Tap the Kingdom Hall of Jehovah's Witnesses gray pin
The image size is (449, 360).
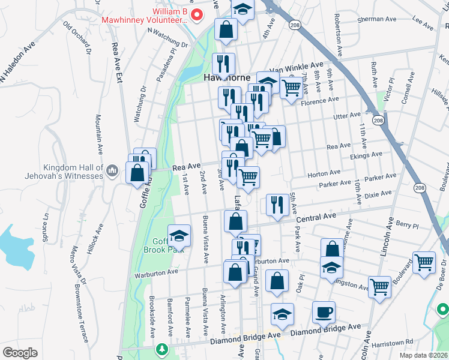[112, 172]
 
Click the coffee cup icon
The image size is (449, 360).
[324, 312]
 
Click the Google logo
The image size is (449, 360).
[20, 353]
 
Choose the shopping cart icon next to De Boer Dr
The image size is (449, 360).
[424, 263]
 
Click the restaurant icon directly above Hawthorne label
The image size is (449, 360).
[223, 62]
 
